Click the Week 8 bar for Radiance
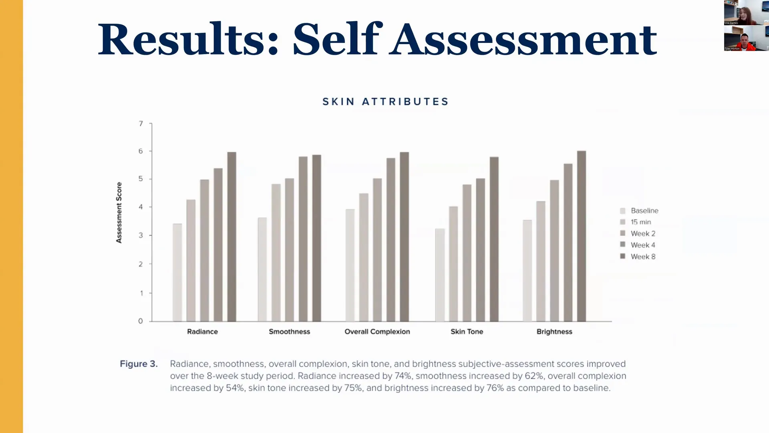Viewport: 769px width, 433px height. [232, 237]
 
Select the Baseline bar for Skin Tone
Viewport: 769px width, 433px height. [440, 275]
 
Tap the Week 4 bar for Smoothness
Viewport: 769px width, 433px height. [303, 239]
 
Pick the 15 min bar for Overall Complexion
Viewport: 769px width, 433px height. [364, 257]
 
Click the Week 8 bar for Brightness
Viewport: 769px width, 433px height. [582, 236]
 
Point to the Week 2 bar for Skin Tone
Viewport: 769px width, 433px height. [467, 253]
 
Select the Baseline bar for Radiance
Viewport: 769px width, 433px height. [177, 273]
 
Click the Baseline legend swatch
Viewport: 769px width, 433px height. [622, 211]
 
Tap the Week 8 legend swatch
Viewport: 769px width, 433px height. [622, 256]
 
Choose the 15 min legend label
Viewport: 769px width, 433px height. [641, 222]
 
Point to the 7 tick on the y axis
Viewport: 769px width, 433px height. [141, 123]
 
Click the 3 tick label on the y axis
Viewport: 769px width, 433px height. [141, 235]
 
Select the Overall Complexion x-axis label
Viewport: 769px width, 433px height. [377, 332]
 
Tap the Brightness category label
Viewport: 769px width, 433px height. [554, 332]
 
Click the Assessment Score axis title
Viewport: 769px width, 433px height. [119, 212]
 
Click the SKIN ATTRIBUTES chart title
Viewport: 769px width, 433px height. [385, 102]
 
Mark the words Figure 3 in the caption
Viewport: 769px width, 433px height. [139, 364]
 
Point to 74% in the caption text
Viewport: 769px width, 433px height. [402, 376]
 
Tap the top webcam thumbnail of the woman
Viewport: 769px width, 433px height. [746, 12]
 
